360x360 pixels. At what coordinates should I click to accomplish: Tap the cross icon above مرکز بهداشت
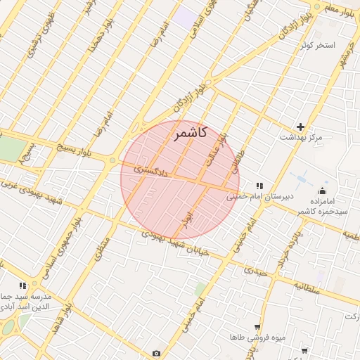pos(301,127)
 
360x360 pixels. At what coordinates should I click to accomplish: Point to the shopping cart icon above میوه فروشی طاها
pos(258,328)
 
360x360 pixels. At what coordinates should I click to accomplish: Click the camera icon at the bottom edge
pos(156,353)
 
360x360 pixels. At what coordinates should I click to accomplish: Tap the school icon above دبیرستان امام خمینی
pos(259,186)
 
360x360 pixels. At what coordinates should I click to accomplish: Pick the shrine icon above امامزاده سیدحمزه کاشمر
pos(323,190)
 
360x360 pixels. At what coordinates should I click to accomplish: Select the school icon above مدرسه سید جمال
pos(22,285)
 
